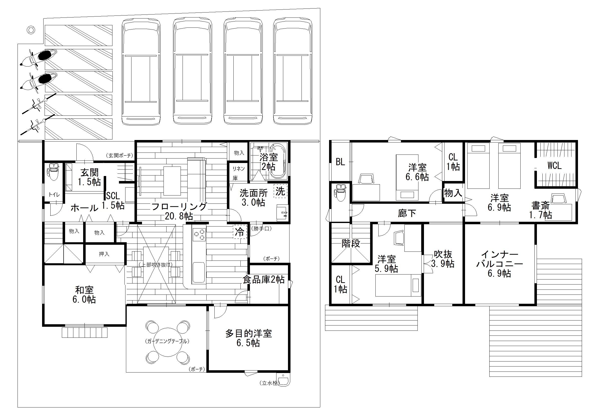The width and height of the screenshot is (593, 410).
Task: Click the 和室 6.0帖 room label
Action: (84, 295)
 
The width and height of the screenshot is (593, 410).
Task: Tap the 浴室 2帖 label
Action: (269, 162)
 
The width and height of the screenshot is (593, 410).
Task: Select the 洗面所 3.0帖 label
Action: (254, 197)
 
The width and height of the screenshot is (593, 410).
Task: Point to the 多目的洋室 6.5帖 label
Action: (248, 338)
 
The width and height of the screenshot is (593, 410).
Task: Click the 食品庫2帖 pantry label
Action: (263, 279)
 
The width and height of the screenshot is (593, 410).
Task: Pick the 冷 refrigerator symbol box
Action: (239, 232)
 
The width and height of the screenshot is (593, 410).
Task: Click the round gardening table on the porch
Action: (168, 342)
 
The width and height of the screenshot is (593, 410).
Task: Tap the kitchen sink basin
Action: (198, 272)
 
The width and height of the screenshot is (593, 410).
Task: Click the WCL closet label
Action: (554, 165)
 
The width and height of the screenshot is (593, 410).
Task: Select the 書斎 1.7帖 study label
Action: (540, 210)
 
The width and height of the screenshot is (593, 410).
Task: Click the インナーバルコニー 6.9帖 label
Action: (499, 264)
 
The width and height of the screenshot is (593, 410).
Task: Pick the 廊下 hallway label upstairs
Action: (407, 213)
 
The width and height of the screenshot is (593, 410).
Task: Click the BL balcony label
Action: (340, 162)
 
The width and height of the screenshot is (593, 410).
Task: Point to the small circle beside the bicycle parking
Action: (31, 30)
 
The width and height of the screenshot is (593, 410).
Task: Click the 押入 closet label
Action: (104, 254)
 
